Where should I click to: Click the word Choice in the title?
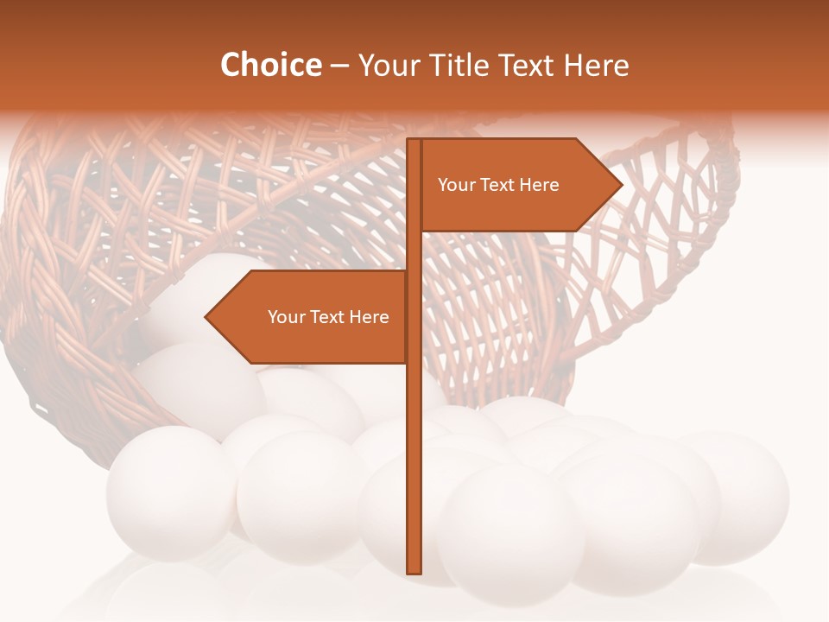[270, 66]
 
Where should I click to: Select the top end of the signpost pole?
[414, 141]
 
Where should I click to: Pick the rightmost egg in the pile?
[743, 497]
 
